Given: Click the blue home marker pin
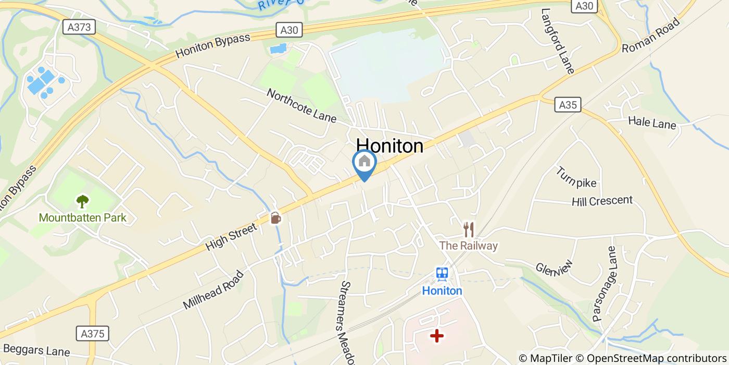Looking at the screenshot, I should (x=364, y=163).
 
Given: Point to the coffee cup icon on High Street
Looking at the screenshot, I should (x=275, y=217).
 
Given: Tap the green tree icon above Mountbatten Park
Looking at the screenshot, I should (x=82, y=201).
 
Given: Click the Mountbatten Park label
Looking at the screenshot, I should (x=82, y=217).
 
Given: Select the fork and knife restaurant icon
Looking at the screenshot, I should (x=469, y=229).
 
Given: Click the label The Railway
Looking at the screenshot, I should (x=469, y=246).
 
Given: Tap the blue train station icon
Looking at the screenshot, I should (x=442, y=274).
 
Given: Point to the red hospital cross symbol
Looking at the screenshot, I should (x=437, y=336).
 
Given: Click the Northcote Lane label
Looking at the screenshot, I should (x=301, y=105).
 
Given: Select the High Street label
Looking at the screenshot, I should (x=231, y=237).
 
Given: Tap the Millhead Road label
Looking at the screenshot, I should (x=213, y=290).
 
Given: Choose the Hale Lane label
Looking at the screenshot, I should (x=651, y=124).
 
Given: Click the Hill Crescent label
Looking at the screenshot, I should (x=602, y=201).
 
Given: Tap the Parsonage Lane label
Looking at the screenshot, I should (x=604, y=285).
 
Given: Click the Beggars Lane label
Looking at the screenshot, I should (x=35, y=351).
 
